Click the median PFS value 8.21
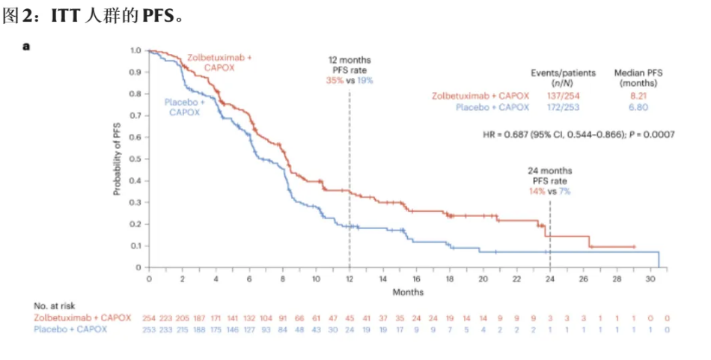click(x=638, y=96)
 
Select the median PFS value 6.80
click(x=638, y=107)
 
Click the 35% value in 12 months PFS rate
click(x=334, y=80)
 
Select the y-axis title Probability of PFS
click(x=118, y=159)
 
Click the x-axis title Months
click(x=408, y=292)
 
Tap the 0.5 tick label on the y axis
click(x=135, y=159)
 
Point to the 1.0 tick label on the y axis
click(x=135, y=50)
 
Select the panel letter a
click(x=27, y=46)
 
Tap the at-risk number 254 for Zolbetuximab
click(x=149, y=318)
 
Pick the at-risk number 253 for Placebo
click(x=149, y=329)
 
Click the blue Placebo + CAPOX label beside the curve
click(x=184, y=106)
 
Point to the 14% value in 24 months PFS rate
click(x=537, y=192)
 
